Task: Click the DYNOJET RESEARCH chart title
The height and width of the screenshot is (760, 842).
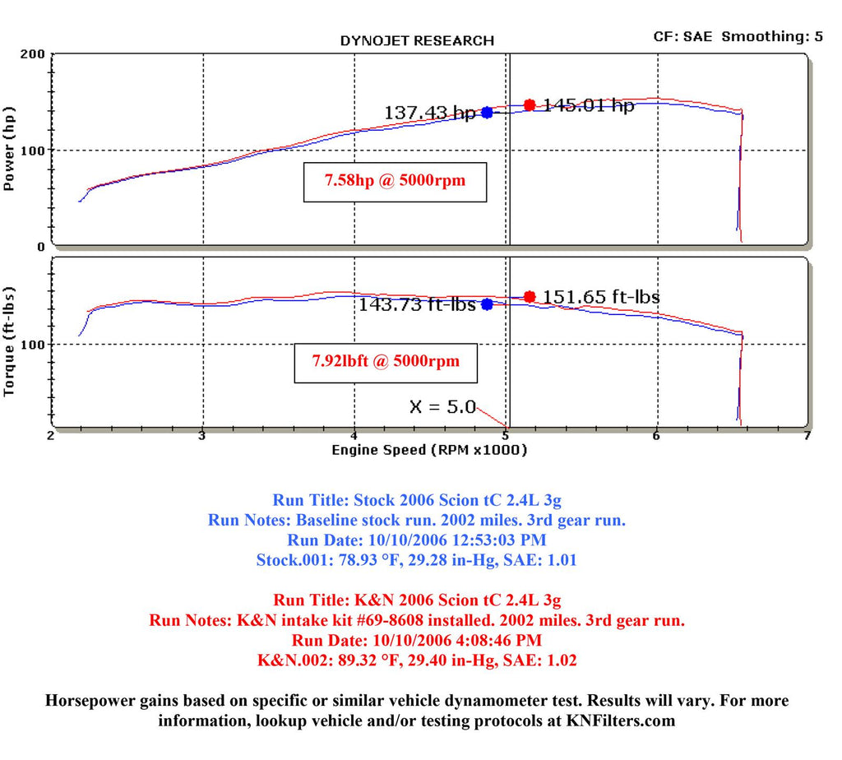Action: point(417,40)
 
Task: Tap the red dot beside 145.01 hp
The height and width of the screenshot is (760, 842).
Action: point(530,105)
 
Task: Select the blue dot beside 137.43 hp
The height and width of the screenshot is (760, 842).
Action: point(487,113)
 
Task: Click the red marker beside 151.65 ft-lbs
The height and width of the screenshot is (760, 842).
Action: point(530,297)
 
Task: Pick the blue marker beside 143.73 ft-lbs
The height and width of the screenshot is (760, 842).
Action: point(487,304)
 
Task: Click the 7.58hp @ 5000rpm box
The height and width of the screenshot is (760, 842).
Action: point(395,180)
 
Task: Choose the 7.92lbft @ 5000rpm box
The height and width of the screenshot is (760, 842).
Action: point(386,361)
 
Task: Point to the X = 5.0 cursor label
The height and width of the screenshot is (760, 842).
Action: point(442,406)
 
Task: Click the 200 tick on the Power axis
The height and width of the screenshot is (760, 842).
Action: point(33,54)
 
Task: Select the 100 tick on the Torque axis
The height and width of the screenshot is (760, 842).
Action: point(33,344)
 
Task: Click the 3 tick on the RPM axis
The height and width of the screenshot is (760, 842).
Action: point(202,436)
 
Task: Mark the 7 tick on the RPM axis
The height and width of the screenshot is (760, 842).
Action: point(807,436)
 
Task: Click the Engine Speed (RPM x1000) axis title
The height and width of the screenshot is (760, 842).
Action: point(429,450)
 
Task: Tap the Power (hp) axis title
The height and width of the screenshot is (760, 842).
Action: point(11,149)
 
